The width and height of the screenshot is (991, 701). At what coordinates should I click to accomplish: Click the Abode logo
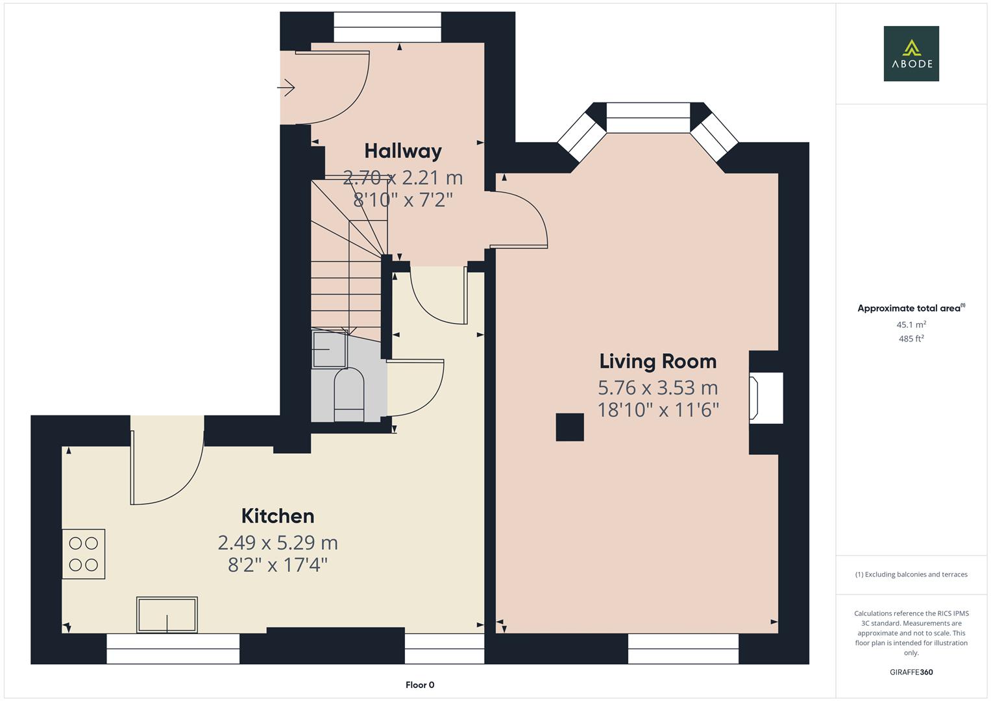[911, 53]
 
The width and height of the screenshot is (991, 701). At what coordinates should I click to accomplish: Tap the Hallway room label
[402, 151]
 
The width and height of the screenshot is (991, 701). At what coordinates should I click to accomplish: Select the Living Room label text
[657, 361]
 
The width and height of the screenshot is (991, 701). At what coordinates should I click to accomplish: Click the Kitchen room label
[278, 515]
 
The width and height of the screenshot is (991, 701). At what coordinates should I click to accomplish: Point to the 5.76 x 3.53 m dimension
[657, 387]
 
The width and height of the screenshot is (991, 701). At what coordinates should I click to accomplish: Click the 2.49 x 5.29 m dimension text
[278, 542]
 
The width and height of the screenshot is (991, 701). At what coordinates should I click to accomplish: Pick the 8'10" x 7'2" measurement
[402, 199]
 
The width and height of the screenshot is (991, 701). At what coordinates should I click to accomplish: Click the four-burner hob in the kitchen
[84, 554]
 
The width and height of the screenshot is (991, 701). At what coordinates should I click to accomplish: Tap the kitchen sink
[167, 614]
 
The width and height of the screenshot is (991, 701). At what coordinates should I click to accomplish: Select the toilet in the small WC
[349, 394]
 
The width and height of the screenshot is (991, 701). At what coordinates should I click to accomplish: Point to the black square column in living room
[570, 427]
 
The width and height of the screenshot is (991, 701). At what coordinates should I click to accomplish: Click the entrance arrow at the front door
[286, 87]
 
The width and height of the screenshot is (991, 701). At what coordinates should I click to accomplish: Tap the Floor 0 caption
[419, 685]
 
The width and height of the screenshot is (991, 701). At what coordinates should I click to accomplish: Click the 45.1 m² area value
[911, 325]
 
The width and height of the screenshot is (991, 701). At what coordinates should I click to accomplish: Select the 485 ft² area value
[911, 339]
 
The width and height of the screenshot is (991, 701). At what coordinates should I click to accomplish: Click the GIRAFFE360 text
[911, 672]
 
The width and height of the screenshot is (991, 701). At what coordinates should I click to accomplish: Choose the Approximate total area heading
[909, 308]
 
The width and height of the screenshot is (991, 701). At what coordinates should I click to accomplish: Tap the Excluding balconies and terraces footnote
[911, 574]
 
